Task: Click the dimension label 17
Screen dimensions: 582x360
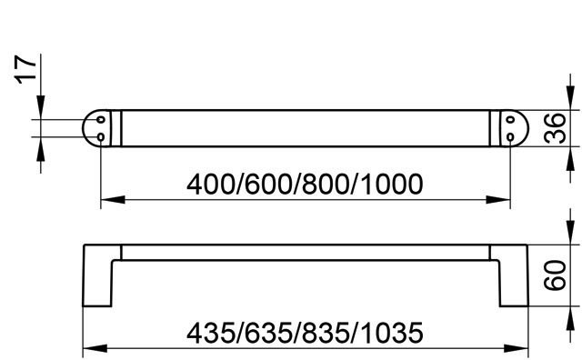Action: tap(26, 69)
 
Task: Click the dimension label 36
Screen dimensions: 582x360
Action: tap(555, 128)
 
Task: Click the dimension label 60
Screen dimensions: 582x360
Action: tap(555, 275)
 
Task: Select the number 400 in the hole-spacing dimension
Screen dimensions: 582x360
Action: tap(210, 185)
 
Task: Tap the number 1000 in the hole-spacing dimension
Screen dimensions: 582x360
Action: tap(392, 185)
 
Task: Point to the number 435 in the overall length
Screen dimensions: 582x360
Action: tap(210, 333)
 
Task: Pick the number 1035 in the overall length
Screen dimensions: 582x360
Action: tap(392, 333)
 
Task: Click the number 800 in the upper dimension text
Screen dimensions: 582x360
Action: tap(326, 185)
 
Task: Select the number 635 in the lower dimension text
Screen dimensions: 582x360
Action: tap(268, 333)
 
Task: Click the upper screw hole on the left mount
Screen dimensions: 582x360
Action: tap(101, 120)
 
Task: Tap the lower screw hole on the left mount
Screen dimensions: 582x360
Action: tap(101, 137)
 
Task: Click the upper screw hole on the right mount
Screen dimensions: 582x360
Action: tap(510, 120)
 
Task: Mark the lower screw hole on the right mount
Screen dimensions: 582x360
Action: tap(510, 137)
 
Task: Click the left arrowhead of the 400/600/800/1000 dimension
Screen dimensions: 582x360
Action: tap(113, 200)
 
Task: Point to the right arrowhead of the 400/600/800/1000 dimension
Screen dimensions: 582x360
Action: tap(498, 200)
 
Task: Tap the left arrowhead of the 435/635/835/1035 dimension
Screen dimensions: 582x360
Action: tap(95, 348)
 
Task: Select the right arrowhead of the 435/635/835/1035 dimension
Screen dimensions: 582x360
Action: tap(516, 348)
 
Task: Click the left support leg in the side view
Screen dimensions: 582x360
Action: tap(97, 275)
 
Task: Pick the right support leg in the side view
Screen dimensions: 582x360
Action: tap(513, 275)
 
